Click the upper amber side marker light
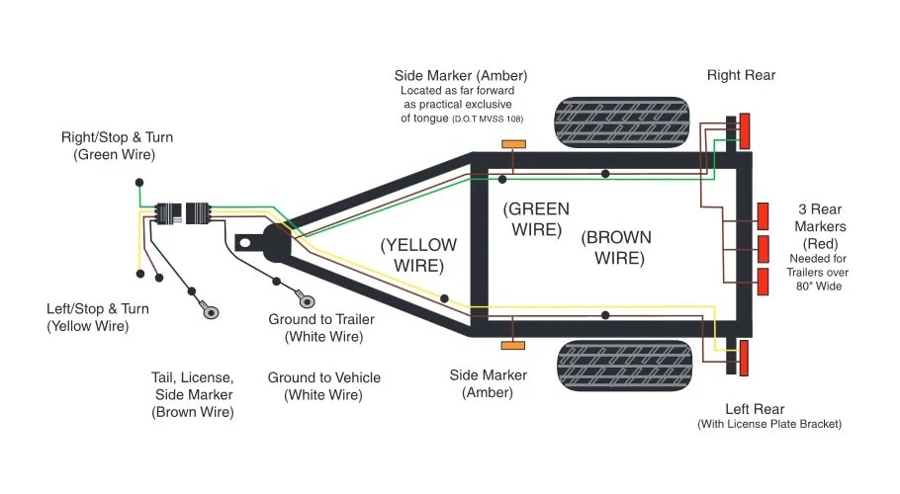click(513, 144)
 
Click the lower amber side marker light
click(513, 345)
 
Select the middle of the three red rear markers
click(763, 247)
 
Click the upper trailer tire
click(621, 123)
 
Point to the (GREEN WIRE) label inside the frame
click(536, 218)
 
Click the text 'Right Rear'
click(741, 75)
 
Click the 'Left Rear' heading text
click(755, 409)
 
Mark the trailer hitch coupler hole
click(246, 240)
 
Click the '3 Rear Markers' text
click(822, 218)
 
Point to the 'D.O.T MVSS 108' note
click(487, 119)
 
